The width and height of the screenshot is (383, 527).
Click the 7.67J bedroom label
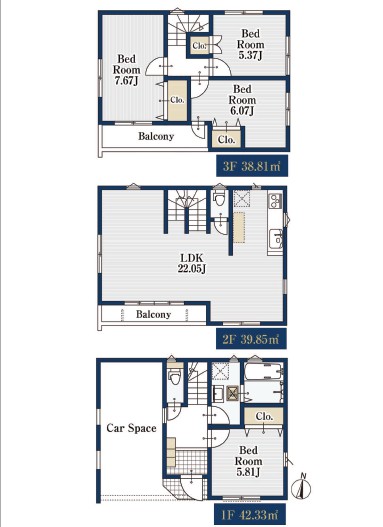click(x=126, y=70)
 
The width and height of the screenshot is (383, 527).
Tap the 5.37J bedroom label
click(x=251, y=44)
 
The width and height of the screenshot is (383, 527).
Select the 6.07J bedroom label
click(x=242, y=100)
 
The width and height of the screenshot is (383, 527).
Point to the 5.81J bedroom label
click(x=248, y=461)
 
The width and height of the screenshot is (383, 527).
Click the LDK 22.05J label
click(x=192, y=263)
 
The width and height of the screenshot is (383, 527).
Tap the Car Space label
click(x=131, y=428)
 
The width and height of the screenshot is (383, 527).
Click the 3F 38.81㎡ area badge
click(x=252, y=166)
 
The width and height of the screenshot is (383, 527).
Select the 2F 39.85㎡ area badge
click(x=251, y=339)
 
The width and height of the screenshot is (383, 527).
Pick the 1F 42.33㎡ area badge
click(x=250, y=514)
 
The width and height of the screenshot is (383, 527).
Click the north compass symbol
click(x=301, y=487)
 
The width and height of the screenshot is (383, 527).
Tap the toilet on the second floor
click(x=220, y=198)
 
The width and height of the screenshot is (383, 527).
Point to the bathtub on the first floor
click(x=263, y=371)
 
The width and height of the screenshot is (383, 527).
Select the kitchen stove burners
click(x=275, y=201)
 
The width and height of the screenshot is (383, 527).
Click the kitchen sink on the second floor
click(x=276, y=239)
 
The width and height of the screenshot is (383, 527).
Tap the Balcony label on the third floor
click(x=156, y=136)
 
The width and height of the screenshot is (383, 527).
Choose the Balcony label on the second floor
click(x=154, y=314)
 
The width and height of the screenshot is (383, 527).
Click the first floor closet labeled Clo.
click(x=264, y=416)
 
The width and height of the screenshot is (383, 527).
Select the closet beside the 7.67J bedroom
click(x=177, y=100)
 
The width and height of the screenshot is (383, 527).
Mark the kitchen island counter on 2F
click(x=239, y=227)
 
